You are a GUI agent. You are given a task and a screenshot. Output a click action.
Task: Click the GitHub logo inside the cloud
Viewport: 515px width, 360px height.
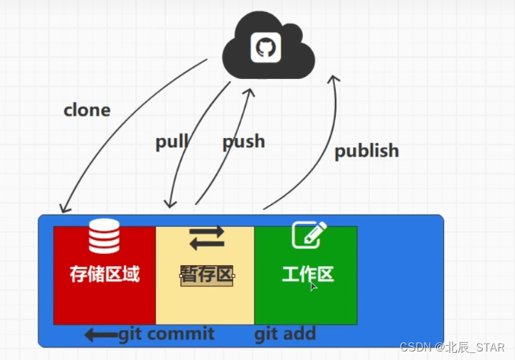tap(265, 48)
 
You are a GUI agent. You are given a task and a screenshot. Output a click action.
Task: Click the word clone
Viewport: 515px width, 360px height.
tap(87, 110)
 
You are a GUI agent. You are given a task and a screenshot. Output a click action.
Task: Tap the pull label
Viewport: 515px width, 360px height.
tap(171, 142)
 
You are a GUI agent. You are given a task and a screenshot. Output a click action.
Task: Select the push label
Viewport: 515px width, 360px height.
tap(243, 142)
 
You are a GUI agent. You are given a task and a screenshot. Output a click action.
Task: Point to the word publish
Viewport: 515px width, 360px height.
tap(366, 151)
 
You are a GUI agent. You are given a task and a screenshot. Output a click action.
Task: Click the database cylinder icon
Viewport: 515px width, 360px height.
tap(104, 236)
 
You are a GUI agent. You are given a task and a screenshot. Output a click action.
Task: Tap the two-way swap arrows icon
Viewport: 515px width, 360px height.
tap(206, 238)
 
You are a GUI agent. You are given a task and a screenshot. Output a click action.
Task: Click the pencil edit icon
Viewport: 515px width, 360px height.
tap(309, 234)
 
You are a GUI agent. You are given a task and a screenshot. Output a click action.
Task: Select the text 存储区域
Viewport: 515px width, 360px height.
tap(104, 274)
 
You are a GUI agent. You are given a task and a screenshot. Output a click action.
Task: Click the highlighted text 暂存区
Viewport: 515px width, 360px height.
tap(207, 275)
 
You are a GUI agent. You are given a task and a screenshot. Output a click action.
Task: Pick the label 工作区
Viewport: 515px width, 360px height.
tap(307, 274)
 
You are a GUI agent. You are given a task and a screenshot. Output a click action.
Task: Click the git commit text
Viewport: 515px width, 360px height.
tap(166, 334)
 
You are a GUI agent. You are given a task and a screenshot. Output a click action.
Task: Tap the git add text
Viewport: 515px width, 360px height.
tap(285, 334)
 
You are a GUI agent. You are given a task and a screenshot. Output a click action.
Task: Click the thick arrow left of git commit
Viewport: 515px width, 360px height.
tap(100, 334)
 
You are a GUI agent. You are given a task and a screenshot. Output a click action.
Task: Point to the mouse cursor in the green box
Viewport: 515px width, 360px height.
tap(313, 286)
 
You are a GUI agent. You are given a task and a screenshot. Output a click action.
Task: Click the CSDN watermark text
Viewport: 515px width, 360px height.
tap(452, 348)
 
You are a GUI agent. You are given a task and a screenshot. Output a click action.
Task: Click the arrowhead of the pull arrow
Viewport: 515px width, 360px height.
tap(167, 203)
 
